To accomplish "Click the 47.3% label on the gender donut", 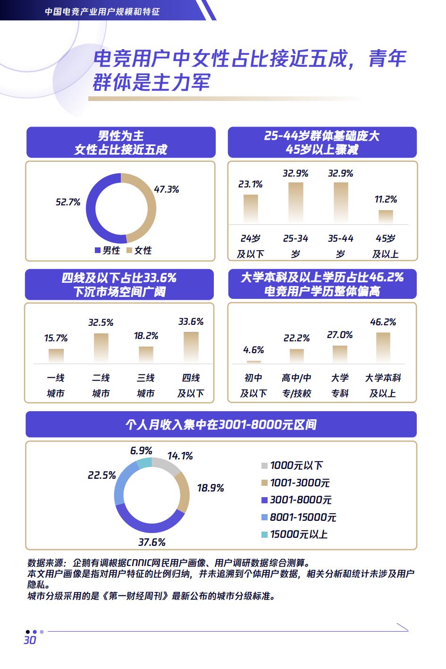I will tap(167, 189).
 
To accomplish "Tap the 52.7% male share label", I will tap(68, 202).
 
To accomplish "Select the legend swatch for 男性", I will tap(98, 251).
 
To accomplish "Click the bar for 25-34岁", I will tap(295, 203).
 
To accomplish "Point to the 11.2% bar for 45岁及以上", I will tap(386, 217).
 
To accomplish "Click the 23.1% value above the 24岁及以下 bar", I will tap(250, 184).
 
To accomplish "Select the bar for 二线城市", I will tap(101, 348).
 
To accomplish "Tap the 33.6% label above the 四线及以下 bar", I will tap(191, 322).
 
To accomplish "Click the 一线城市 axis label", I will tap(56, 385).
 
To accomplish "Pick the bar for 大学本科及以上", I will tap(383, 347).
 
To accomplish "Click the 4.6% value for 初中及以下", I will tap(253, 350).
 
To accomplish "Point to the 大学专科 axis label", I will tap(340, 385).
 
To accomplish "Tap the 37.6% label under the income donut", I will tap(152, 542).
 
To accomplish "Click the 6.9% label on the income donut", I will tap(141, 451).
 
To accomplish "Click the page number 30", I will tap(30, 640).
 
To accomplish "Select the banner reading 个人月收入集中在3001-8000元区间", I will tap(221, 424).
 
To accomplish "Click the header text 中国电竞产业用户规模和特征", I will tap(102, 10).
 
